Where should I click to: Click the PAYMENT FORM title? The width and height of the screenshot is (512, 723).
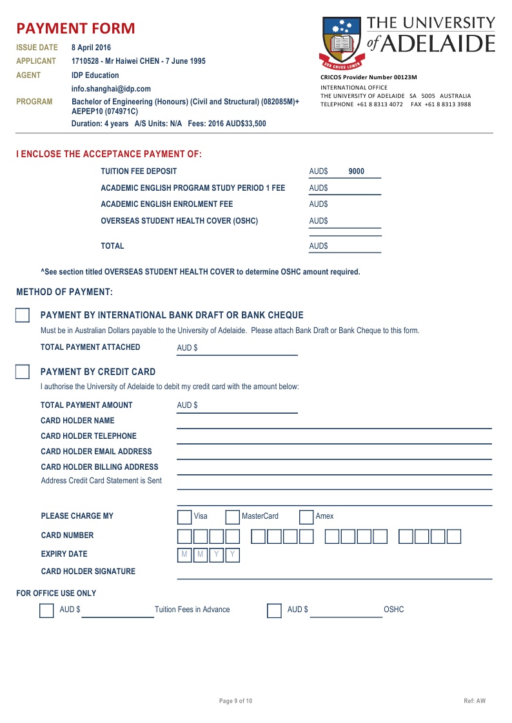click(75, 28)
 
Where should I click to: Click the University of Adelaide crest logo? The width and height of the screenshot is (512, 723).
click(341, 42)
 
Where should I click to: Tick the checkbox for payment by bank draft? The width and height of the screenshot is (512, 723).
click(23, 315)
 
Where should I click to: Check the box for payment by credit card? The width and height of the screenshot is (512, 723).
click(23, 372)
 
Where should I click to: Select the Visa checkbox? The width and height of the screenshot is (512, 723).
click(184, 517)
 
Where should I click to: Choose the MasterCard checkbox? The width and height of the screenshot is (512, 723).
click(232, 517)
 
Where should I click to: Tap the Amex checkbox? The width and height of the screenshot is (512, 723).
click(306, 517)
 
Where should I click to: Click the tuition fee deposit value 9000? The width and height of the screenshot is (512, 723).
click(356, 171)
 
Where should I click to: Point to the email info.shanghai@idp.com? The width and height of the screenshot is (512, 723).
click(111, 89)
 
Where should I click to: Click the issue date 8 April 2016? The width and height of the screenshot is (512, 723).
click(91, 48)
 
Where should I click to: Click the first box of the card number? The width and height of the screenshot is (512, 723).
click(184, 536)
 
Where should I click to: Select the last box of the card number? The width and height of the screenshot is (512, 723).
click(454, 536)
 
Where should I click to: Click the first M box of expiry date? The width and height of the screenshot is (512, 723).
click(184, 555)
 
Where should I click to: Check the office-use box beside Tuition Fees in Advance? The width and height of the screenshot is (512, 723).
click(46, 610)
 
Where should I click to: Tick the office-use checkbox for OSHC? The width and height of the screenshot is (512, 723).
click(274, 610)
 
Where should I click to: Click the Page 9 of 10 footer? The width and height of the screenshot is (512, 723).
click(236, 701)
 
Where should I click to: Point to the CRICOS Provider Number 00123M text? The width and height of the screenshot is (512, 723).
click(369, 77)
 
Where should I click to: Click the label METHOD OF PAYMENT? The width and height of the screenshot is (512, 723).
click(64, 292)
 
